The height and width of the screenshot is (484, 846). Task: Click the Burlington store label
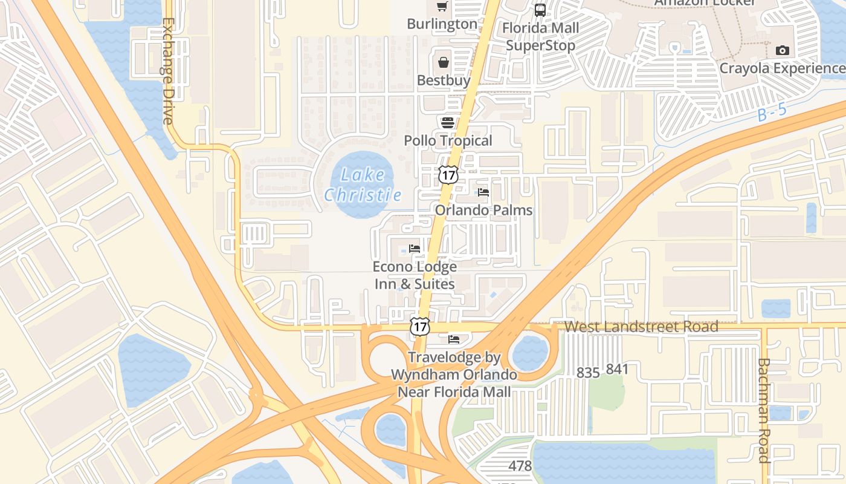click(442, 24)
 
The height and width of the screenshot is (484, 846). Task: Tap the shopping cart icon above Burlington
click(442, 7)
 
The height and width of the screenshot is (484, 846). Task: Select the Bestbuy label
click(444, 80)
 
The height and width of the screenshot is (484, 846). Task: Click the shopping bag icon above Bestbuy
click(444, 62)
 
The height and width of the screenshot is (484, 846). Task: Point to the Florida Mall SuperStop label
click(540, 36)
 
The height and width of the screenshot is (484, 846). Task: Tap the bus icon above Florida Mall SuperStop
click(540, 10)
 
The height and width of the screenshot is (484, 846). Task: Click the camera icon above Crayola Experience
click(783, 50)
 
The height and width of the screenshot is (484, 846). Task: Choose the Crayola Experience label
click(782, 68)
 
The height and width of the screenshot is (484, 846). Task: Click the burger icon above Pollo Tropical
click(448, 123)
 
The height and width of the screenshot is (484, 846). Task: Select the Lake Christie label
click(363, 185)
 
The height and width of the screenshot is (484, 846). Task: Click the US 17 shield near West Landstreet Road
click(419, 326)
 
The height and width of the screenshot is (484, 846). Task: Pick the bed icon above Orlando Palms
click(483, 192)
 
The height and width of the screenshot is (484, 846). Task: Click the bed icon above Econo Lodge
click(415, 249)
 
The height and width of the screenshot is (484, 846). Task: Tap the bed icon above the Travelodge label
click(454, 339)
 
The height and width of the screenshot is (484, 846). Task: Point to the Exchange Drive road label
click(167, 71)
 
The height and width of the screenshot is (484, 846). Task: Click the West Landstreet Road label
click(641, 327)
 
